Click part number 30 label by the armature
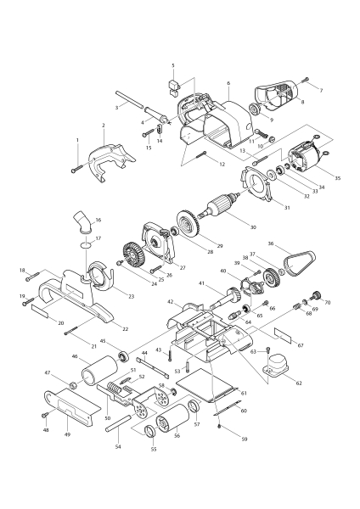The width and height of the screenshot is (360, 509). (x=252, y=227)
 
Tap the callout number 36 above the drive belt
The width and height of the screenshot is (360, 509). (x=294, y=244)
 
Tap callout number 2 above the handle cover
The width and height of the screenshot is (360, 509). (x=103, y=126)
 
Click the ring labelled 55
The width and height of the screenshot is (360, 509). (x=149, y=435)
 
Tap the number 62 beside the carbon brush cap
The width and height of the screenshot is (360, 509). (x=297, y=383)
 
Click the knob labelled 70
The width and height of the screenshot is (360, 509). (x=316, y=295)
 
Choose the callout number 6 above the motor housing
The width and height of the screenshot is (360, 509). (x=228, y=84)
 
